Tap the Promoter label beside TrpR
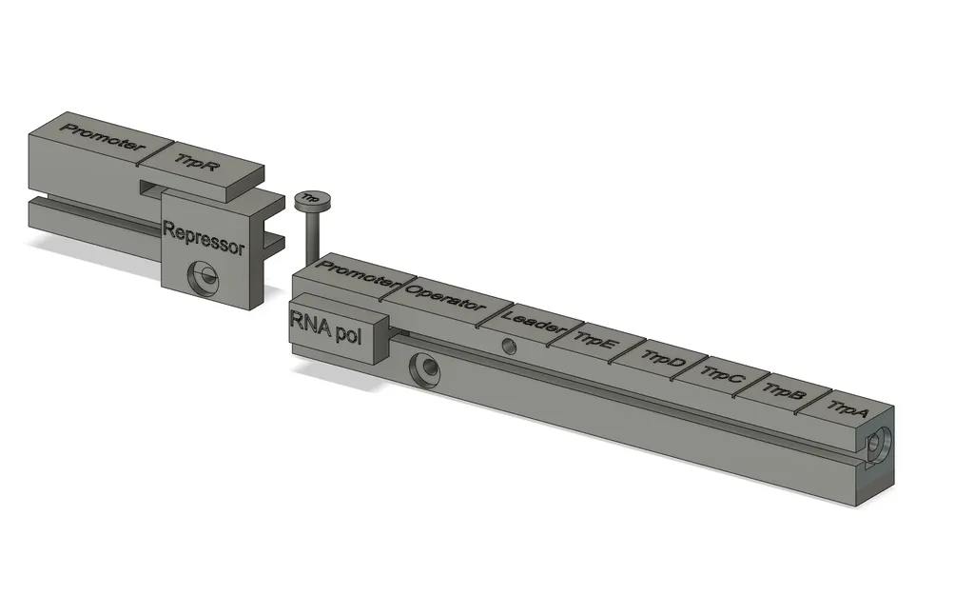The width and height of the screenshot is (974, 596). (103, 138)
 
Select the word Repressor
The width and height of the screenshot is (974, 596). (204, 238)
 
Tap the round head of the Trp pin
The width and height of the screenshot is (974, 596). (312, 200)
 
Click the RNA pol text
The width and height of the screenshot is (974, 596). (325, 326)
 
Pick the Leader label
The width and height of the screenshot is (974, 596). (532, 320)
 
